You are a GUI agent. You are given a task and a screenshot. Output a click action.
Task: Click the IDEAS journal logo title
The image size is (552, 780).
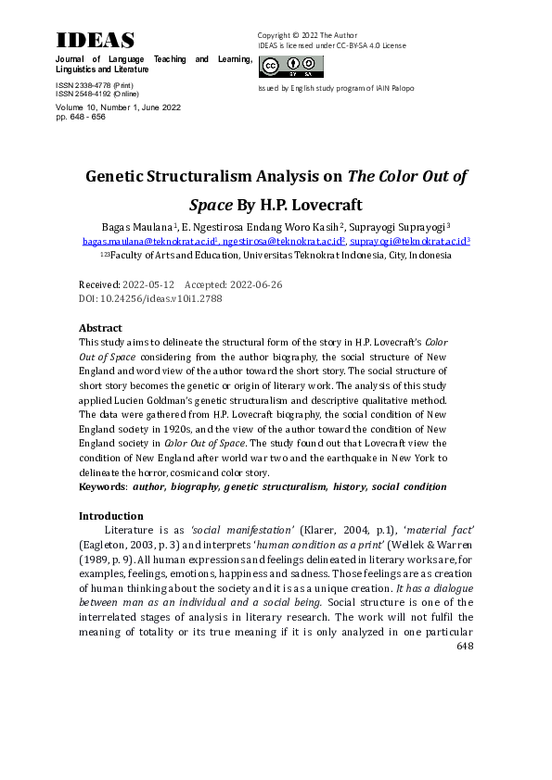point(95,40)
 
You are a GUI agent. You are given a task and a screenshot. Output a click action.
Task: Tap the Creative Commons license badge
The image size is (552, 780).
point(291,66)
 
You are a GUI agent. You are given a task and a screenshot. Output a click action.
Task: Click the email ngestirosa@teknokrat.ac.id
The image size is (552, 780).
point(287,241)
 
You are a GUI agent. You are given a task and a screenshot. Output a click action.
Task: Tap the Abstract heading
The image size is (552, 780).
point(100,328)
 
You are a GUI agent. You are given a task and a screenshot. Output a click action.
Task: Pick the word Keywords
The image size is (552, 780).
point(103,485)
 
